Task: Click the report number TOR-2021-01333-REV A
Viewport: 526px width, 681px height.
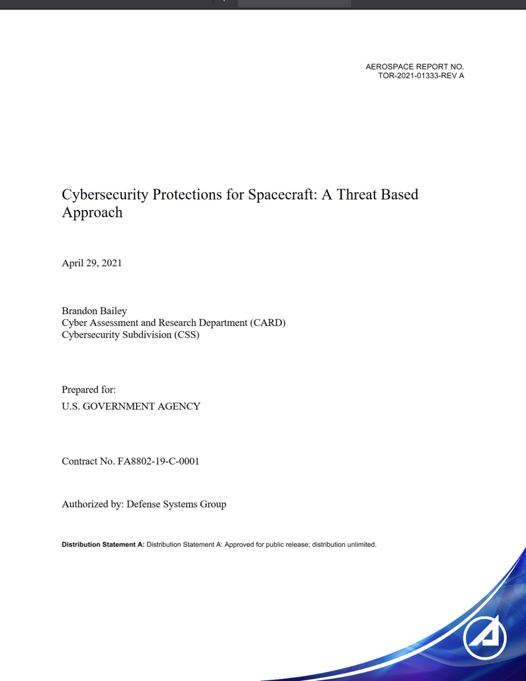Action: (x=421, y=76)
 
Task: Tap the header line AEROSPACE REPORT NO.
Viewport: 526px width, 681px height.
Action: (x=415, y=67)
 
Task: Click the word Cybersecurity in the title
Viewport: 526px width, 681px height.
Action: (x=105, y=195)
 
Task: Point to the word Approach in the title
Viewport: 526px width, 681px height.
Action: (x=92, y=212)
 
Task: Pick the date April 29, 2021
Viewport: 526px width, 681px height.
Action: (x=92, y=263)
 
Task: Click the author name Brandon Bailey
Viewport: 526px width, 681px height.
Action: (x=94, y=311)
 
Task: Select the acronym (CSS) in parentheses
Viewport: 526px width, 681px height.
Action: (x=187, y=335)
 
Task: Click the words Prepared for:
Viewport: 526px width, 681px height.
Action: (x=89, y=389)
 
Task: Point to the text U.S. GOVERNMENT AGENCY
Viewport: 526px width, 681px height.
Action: (x=131, y=407)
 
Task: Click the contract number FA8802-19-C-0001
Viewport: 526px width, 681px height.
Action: (x=158, y=461)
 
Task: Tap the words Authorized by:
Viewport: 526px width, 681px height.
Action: (x=93, y=504)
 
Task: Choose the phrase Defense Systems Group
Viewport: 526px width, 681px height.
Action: (x=177, y=504)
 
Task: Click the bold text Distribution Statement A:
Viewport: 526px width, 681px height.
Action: (x=103, y=545)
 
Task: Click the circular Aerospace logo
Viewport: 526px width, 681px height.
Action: (x=485, y=638)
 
